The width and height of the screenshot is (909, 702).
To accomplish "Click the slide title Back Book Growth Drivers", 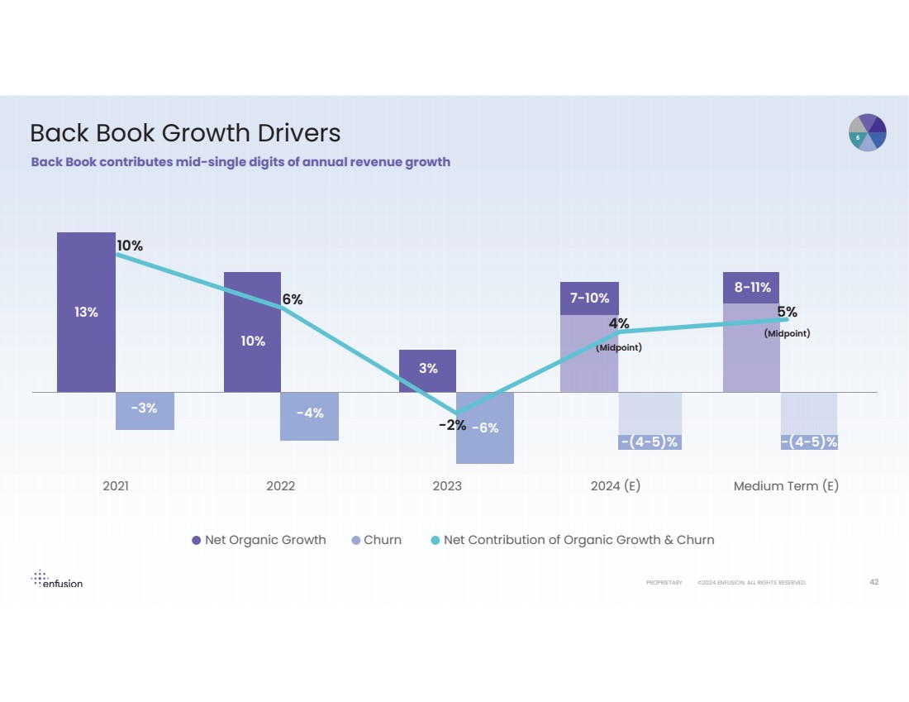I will [185, 133].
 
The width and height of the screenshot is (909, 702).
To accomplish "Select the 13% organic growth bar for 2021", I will [86, 312].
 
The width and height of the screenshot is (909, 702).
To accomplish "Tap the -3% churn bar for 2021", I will [145, 409].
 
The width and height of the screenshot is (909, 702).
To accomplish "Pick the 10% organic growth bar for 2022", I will [252, 339].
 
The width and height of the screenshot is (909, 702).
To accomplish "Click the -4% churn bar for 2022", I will [310, 414].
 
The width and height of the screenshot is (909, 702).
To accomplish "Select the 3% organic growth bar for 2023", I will [427, 370].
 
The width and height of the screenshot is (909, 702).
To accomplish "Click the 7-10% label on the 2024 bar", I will [589, 298].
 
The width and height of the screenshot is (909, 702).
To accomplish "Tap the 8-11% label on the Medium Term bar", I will [752, 288].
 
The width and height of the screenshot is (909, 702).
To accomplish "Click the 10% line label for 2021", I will [129, 246].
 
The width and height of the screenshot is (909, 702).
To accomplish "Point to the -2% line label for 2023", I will [452, 425].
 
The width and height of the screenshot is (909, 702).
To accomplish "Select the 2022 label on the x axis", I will [280, 486].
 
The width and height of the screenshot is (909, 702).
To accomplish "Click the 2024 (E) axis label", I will [616, 486].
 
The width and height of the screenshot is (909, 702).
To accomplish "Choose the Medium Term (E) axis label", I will [786, 486].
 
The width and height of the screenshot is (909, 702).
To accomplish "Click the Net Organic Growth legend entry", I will [259, 540].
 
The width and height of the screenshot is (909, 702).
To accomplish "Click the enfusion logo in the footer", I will [57, 579].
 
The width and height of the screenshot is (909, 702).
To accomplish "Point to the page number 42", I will [873, 582].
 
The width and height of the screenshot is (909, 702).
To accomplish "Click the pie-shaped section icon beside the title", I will [868, 133].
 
